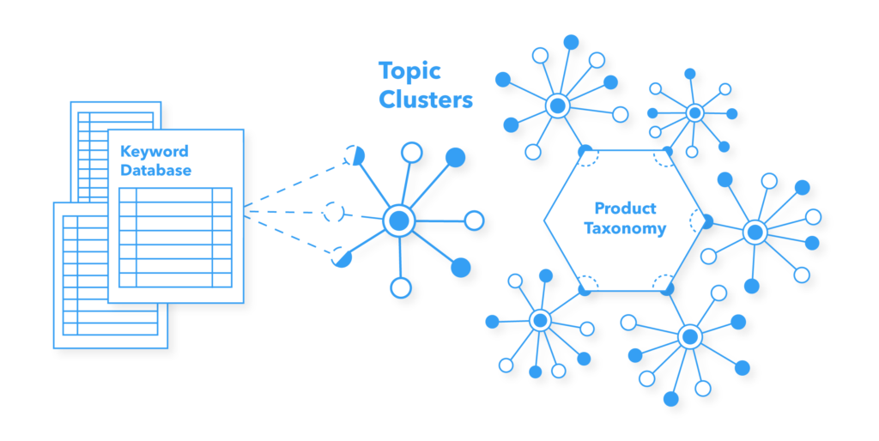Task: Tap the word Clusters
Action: tap(426, 100)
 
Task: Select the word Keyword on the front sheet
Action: tap(154, 152)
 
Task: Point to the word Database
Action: tap(155, 170)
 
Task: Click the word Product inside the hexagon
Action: tap(625, 208)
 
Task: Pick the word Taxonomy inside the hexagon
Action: tap(625, 228)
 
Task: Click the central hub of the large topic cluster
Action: tap(398, 221)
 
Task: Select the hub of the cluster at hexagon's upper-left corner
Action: tap(558, 106)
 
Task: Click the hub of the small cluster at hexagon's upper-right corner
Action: tap(694, 112)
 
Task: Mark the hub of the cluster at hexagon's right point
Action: tap(755, 232)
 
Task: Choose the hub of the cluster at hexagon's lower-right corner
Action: tap(689, 336)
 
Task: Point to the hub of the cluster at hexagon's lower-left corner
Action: tap(540, 321)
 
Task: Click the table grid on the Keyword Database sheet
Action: tap(175, 237)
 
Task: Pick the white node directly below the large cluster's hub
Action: tap(400, 287)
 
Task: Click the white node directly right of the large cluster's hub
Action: tap(474, 220)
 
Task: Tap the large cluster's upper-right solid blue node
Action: tap(456, 157)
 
